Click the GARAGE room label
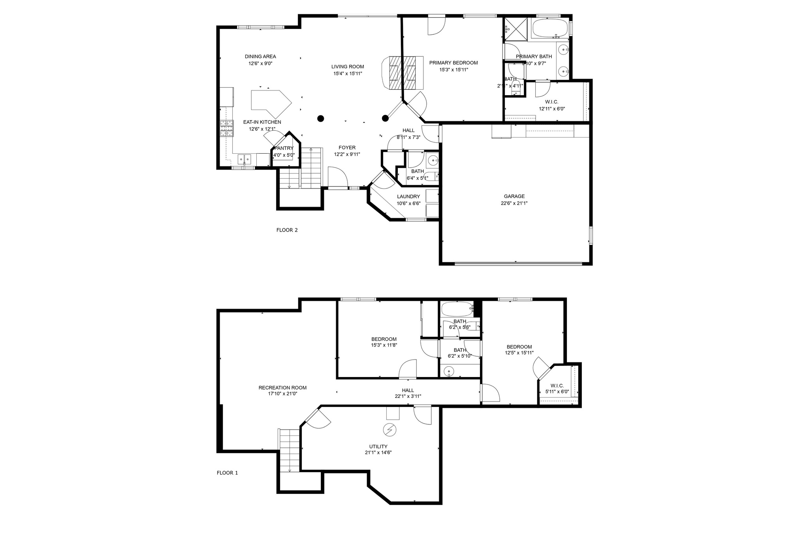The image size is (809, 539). click(514, 196)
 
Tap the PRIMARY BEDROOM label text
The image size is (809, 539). click(453, 63)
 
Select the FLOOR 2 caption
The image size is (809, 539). click(287, 230)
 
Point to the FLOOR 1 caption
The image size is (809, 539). click(227, 473)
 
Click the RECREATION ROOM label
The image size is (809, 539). click(282, 388)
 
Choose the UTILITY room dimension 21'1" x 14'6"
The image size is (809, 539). click(378, 453)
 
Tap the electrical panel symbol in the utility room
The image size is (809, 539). click(390, 430)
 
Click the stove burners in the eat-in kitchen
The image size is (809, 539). click(226, 128)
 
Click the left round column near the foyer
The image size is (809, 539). click(321, 118)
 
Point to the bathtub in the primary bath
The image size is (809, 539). click(549, 28)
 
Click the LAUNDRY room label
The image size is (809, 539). click(408, 197)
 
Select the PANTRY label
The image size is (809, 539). click(284, 148)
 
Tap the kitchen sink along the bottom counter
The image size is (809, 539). click(244, 160)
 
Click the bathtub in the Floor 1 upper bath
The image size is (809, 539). click(457, 309)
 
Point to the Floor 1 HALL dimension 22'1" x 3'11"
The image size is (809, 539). click(408, 396)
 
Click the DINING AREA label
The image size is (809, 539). click(260, 57)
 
